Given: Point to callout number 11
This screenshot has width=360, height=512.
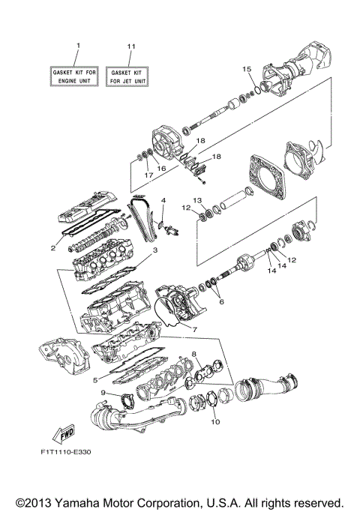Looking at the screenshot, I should pyautogui.click(x=130, y=46).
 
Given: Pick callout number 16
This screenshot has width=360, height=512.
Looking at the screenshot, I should pyautogui.click(x=160, y=169).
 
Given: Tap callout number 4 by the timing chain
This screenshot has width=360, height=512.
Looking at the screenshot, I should pyautogui.click(x=163, y=201).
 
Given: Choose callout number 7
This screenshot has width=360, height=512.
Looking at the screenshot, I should pyautogui.click(x=193, y=329).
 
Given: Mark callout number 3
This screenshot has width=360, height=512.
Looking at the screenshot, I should pyautogui.click(x=154, y=250).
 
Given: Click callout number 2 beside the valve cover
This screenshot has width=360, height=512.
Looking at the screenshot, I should pyautogui.click(x=52, y=247).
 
